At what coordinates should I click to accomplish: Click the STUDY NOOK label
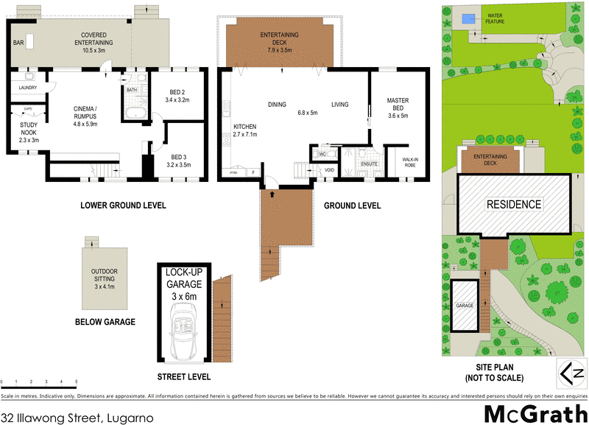pyautogui.click(x=29, y=130)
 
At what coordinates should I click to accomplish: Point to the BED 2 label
pyautogui.click(x=178, y=95)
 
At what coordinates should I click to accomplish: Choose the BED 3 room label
pyautogui.click(x=179, y=161)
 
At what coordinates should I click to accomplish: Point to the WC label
pyautogui.click(x=322, y=155)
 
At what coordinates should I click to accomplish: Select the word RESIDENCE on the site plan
pyautogui.click(x=512, y=204)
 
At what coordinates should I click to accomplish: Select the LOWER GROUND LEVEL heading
pyautogui.click(x=122, y=205)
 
